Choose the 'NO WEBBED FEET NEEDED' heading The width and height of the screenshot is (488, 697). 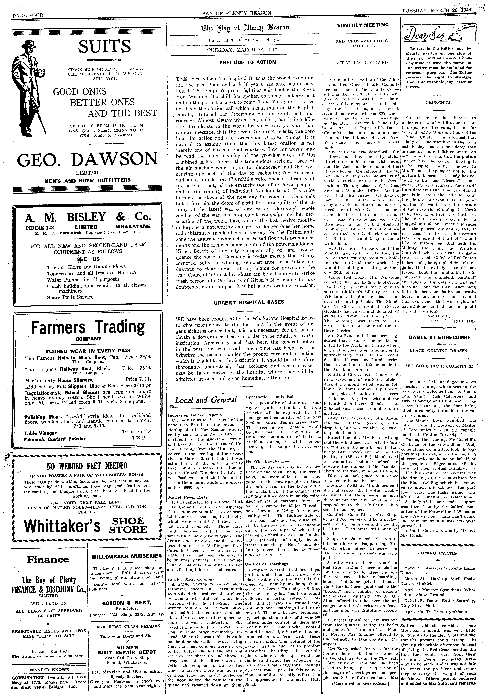click(x=87, y=465)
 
